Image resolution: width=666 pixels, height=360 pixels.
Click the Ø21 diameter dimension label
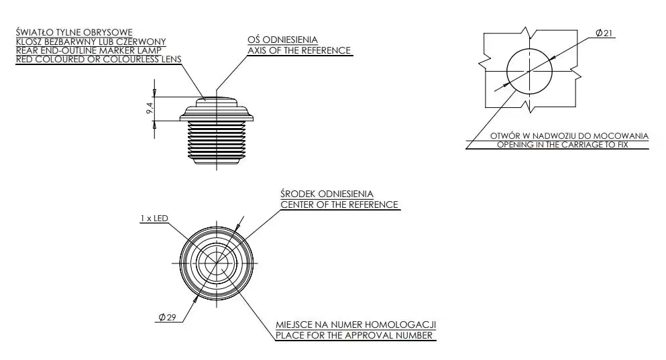tap(604, 33)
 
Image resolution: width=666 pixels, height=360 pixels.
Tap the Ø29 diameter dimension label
tap(167, 317)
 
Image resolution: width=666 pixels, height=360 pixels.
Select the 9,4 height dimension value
tap(150, 109)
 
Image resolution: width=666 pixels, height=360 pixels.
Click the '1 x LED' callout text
tap(154, 218)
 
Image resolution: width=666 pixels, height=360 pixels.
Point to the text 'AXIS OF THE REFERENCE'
tap(299, 50)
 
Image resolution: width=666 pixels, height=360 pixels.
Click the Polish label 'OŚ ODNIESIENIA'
tap(283, 40)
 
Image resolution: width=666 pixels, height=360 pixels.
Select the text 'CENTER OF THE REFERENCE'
tap(339, 204)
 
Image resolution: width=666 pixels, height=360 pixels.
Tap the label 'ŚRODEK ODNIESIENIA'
tap(327, 194)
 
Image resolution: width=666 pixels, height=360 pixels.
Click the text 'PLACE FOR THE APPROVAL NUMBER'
tap(354, 335)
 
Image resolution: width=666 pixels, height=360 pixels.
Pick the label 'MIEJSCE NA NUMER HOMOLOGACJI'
tap(356, 324)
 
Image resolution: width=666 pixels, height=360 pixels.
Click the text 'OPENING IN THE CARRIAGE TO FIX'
tap(562, 145)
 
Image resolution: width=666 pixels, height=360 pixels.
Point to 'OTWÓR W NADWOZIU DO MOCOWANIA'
tap(569, 136)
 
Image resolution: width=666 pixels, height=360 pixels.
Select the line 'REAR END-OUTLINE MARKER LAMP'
tap(89, 50)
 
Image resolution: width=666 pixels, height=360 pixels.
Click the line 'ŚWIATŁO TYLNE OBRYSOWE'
tap(74, 32)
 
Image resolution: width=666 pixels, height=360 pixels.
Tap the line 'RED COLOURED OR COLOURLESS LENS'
tap(99, 60)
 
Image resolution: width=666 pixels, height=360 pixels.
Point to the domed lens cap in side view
tap(217, 102)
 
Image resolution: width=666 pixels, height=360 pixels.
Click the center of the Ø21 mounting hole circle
tap(529, 71)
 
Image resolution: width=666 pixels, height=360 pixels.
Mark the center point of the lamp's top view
tap(217, 263)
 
